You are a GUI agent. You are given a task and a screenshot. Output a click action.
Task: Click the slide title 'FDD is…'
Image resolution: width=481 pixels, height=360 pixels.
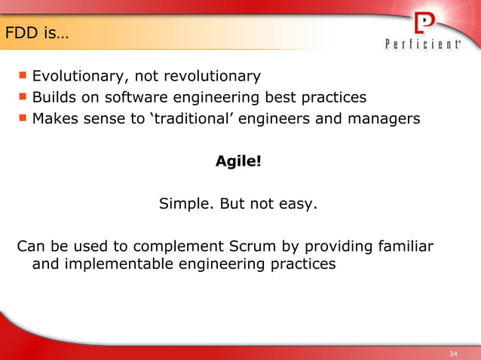[36, 34]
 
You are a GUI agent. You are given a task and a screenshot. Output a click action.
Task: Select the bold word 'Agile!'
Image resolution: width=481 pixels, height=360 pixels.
[238, 161]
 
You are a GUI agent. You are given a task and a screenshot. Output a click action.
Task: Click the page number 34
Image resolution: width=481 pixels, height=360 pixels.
[453, 354]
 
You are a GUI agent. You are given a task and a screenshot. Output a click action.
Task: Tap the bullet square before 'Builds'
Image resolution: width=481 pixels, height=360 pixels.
[23, 96]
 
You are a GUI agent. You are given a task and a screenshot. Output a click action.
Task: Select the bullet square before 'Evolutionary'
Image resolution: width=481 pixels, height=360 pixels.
[23, 75]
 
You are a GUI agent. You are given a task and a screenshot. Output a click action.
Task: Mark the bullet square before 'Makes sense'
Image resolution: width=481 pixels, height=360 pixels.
[23, 117]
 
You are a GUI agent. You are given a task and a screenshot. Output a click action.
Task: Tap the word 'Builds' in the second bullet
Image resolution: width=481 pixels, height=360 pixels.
[52, 98]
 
